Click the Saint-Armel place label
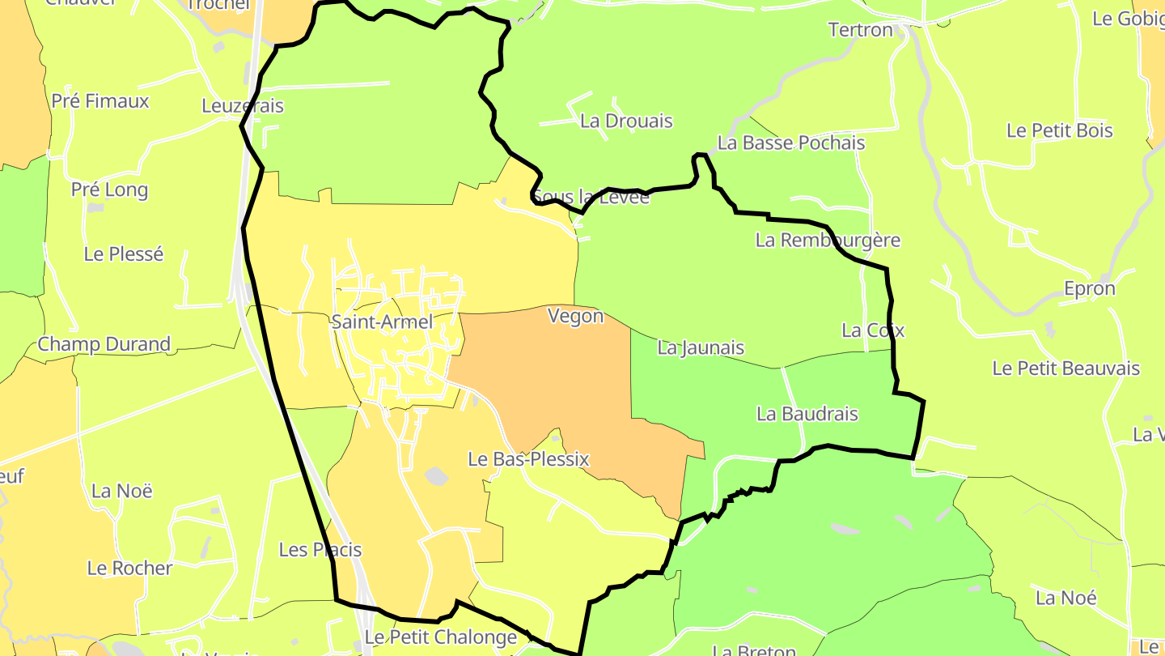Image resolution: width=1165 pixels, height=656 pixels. click(382, 322)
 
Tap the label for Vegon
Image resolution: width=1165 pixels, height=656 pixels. click(575, 316)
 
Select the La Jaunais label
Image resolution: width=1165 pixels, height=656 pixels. click(701, 348)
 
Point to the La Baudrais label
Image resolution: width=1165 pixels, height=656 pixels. click(807, 414)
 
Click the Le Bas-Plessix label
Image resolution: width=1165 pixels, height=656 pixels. click(528, 460)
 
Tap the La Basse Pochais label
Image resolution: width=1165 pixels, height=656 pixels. click(790, 143)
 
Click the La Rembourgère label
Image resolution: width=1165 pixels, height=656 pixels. click(827, 241)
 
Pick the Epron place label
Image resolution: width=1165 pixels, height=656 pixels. click(1089, 289)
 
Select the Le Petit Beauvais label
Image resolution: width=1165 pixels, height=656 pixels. click(1065, 368)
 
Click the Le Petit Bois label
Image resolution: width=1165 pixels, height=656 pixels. click(1059, 131)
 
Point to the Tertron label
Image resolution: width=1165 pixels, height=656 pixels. click(860, 31)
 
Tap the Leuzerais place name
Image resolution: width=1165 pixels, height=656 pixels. click(243, 106)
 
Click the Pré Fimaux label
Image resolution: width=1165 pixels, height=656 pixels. click(100, 101)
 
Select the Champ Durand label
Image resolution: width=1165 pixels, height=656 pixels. click(104, 344)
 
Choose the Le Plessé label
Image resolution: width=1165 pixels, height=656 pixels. click(124, 254)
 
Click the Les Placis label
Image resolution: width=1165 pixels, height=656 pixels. click(320, 550)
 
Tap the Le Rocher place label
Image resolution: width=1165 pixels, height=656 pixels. click(129, 569)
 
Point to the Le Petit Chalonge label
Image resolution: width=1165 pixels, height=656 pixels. click(440, 637)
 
